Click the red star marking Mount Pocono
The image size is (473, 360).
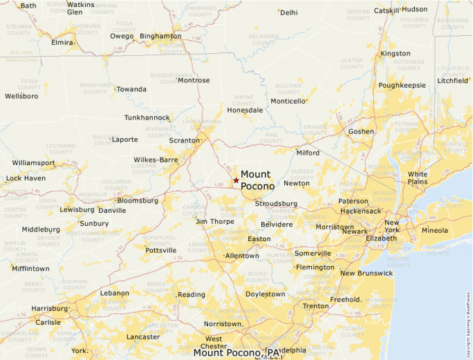pyautogui.click(x=236, y=180)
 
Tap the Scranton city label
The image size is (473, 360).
pyautogui.click(x=183, y=140)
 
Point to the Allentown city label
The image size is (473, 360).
pyautogui.click(x=242, y=256)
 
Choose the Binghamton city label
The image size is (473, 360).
pyautogui.click(x=160, y=36)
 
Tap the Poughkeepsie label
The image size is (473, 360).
pyautogui.click(x=402, y=85)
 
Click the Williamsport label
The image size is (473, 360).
pyautogui.click(x=33, y=163)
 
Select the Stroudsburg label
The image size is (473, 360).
pyautogui.click(x=276, y=204)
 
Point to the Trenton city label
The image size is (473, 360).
pyautogui.click(x=316, y=305)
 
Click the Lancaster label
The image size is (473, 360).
pyautogui.click(x=143, y=337)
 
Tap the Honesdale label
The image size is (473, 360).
pyautogui.click(x=245, y=110)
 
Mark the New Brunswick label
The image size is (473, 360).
pyautogui.click(x=366, y=273)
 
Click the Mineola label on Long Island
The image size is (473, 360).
pyautogui.click(x=435, y=231)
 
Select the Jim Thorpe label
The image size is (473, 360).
pyautogui.click(x=215, y=221)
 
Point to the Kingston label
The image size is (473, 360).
pyautogui.click(x=396, y=53)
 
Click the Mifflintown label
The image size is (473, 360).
pyautogui.click(x=31, y=268)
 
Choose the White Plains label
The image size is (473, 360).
pyautogui.click(x=418, y=178)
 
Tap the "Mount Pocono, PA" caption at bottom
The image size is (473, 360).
pyautogui.click(x=238, y=352)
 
